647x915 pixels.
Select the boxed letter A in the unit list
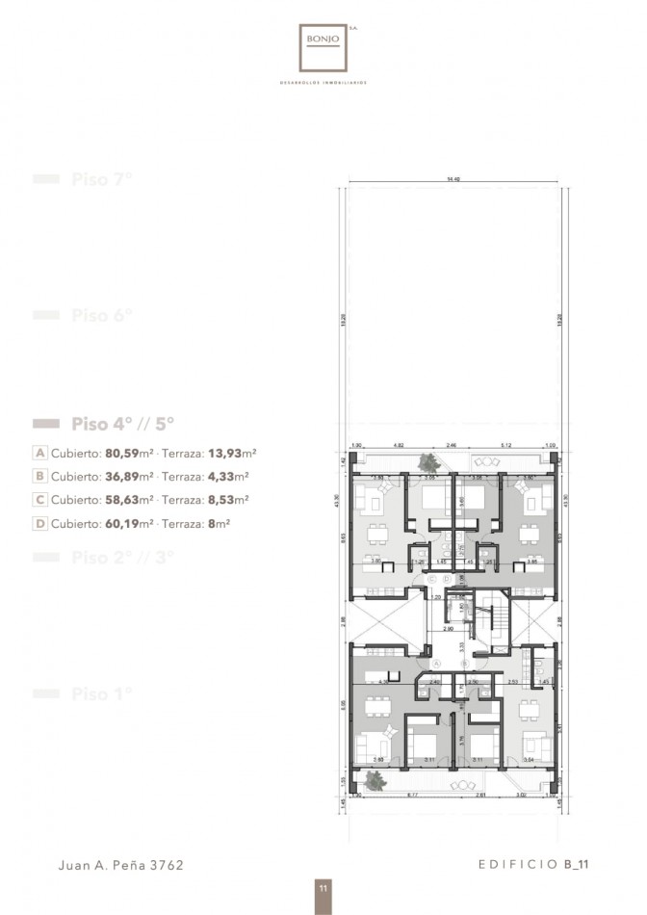(x=39, y=452)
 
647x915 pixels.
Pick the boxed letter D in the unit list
(x=39, y=524)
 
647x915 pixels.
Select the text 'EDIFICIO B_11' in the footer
(x=532, y=865)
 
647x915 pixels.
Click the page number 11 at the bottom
(x=323, y=888)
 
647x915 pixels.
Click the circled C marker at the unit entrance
(x=432, y=578)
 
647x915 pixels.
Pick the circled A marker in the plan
(x=435, y=665)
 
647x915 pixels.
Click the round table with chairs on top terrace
(x=479, y=463)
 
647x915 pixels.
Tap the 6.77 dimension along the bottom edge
(x=413, y=796)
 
